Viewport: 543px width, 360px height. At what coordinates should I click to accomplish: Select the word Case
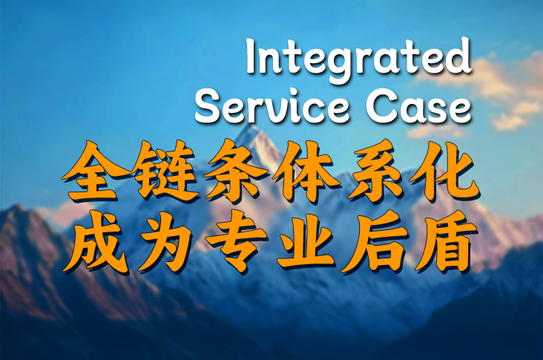418,107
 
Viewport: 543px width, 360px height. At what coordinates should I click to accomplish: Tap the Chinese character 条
234,171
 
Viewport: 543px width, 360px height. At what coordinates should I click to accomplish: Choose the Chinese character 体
306,172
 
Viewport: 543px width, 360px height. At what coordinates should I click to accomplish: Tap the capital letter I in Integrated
251,56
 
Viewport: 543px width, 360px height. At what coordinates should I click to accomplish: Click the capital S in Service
208,107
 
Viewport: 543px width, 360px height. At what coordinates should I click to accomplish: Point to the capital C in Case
381,107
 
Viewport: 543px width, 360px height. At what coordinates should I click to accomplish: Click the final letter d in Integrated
458,55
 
